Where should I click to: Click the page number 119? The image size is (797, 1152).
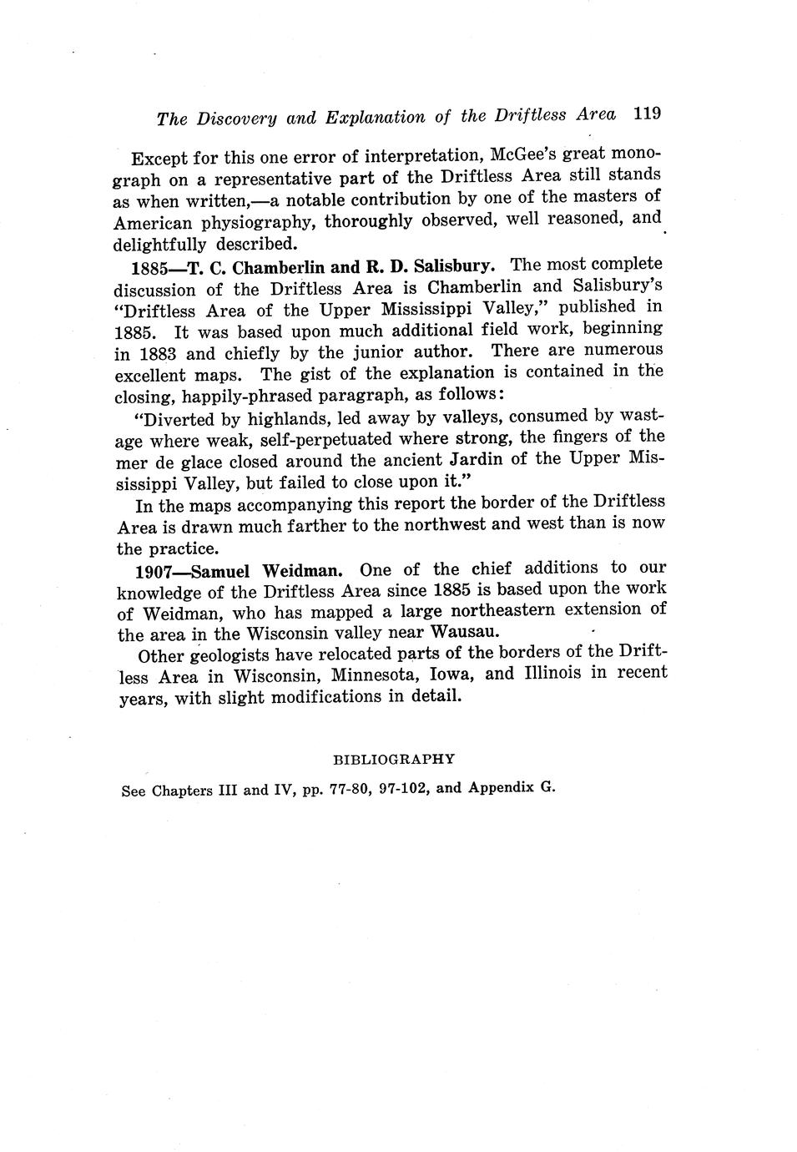[647, 114]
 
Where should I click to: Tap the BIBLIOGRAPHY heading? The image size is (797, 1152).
[394, 759]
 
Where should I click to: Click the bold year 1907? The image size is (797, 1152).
[153, 573]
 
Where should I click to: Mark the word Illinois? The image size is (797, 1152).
[552, 673]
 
